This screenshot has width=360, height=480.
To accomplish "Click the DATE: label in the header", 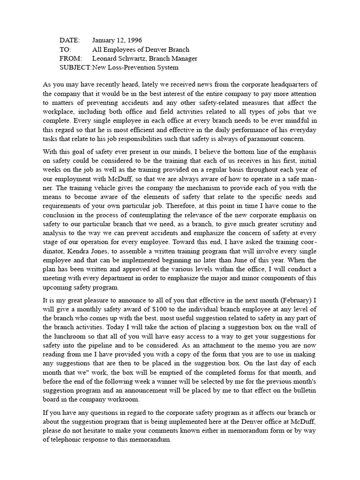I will click(x=70, y=41).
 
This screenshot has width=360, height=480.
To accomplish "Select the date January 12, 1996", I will click(x=117, y=41).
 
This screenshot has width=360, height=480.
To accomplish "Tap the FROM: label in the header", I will click(x=71, y=59).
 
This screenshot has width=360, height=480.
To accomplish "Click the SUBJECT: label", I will click(x=75, y=67).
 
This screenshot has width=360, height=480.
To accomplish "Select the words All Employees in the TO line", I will click(x=112, y=50).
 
